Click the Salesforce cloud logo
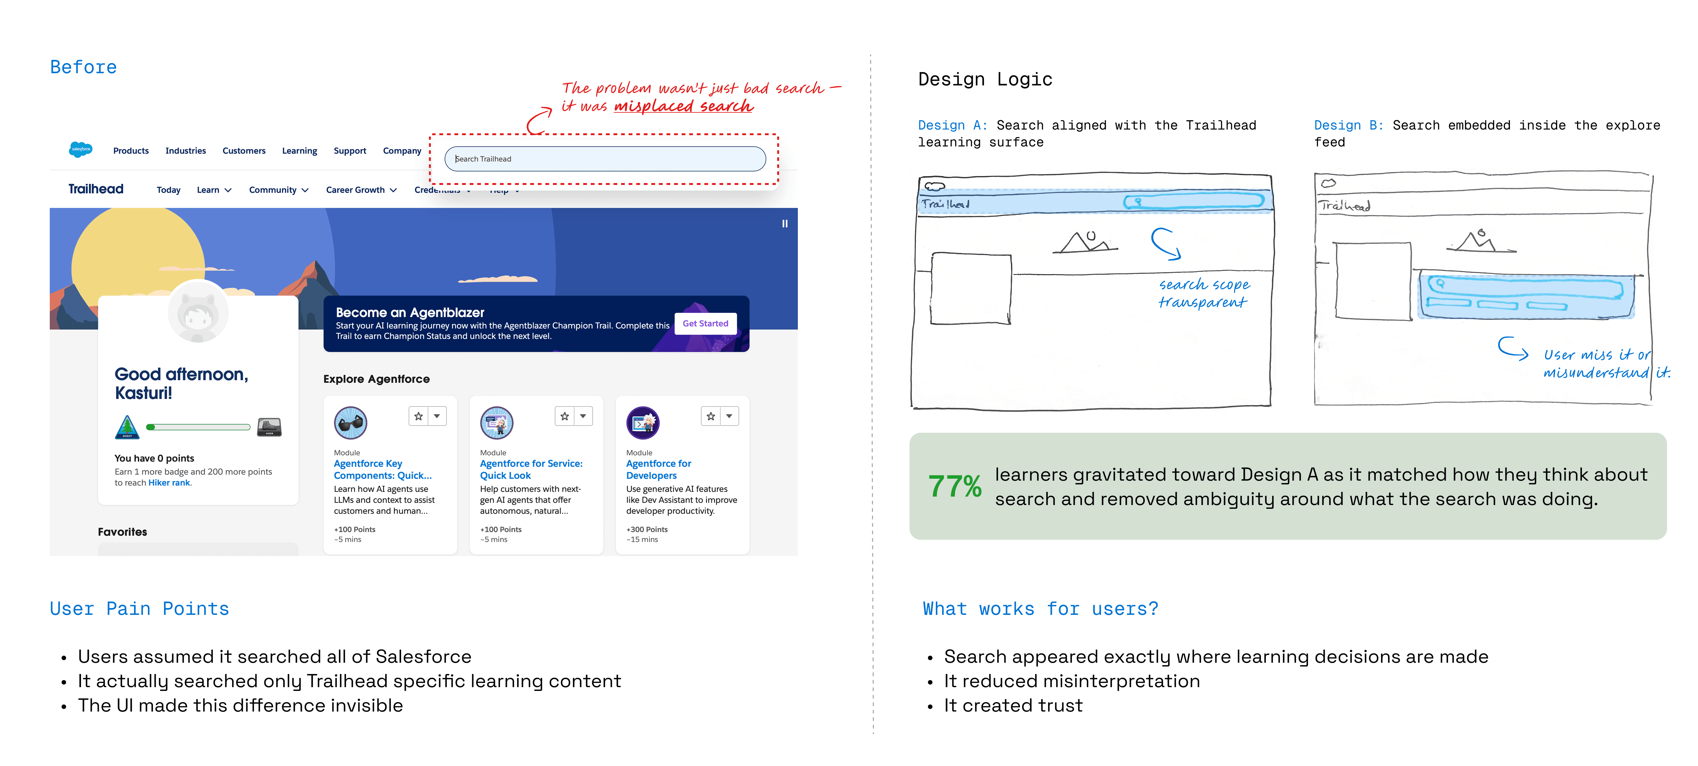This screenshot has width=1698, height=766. pyautogui.click(x=80, y=150)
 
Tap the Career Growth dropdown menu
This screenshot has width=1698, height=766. pyautogui.click(x=360, y=190)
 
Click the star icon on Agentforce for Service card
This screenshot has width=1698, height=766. pyautogui.click(x=564, y=416)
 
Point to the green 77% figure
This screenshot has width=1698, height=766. pyautogui.click(x=955, y=487)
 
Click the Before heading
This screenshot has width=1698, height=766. pyautogui.click(x=84, y=67)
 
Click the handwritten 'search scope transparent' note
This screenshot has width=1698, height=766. pyautogui.click(x=1204, y=293)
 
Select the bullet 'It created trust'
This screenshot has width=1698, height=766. pyautogui.click(x=1013, y=705)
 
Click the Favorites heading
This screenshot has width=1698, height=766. pyautogui.click(x=123, y=532)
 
